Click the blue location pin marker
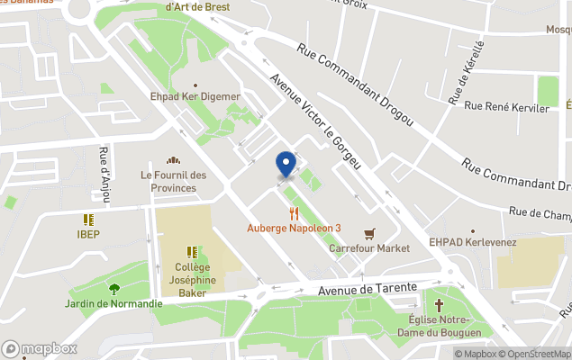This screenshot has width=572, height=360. (286, 164)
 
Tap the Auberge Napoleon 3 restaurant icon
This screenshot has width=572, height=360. (294, 213)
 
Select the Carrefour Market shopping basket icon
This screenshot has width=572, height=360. (368, 233)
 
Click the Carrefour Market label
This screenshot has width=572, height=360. (369, 248)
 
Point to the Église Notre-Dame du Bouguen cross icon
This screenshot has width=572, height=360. (440, 305)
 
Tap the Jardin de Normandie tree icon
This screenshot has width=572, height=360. (113, 289)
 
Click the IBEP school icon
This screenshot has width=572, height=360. (88, 220)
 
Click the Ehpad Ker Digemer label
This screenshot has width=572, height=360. (195, 96)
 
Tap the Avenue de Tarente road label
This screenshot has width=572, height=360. (369, 288)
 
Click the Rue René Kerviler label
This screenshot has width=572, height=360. (507, 108)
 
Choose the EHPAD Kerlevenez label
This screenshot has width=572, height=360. (471, 243)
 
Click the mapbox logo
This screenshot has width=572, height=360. (40, 349)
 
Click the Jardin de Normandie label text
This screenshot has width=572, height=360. (113, 303)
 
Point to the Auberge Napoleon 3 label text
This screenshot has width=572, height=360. (294, 228)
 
